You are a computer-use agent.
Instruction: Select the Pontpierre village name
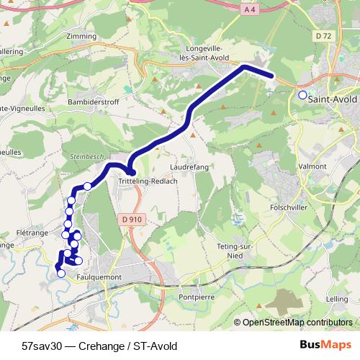point(198,297)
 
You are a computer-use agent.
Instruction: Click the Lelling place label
point(336,297)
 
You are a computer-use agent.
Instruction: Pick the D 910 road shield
point(130,220)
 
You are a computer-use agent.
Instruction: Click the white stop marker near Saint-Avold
point(302,95)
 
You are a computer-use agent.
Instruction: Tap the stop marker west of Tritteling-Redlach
point(88,186)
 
